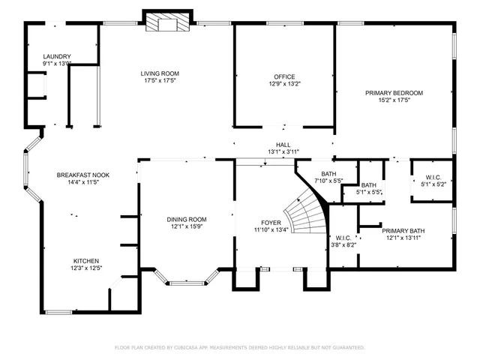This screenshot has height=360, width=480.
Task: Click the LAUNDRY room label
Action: [57, 56]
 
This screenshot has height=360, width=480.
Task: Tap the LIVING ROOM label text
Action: [160, 73]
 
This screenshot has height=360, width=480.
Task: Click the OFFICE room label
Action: [284, 76]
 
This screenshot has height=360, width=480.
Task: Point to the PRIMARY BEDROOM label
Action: [394, 93]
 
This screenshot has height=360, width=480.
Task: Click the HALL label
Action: [283, 145]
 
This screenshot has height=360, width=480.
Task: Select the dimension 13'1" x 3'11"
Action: [283, 151]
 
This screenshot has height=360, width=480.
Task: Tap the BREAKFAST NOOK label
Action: [83, 175]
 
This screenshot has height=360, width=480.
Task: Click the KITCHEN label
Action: [85, 260]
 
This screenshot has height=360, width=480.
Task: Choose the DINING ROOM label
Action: [186, 219]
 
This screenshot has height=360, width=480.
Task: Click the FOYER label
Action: [271, 223]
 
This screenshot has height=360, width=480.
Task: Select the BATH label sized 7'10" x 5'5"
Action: [328, 174]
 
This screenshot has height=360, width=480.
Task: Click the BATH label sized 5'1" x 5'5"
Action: [369, 185]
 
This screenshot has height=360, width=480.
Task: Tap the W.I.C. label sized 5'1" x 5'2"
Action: [431, 177]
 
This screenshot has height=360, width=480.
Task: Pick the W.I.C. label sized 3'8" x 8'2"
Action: [343, 237]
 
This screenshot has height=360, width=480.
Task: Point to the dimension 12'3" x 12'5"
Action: [85, 267]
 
